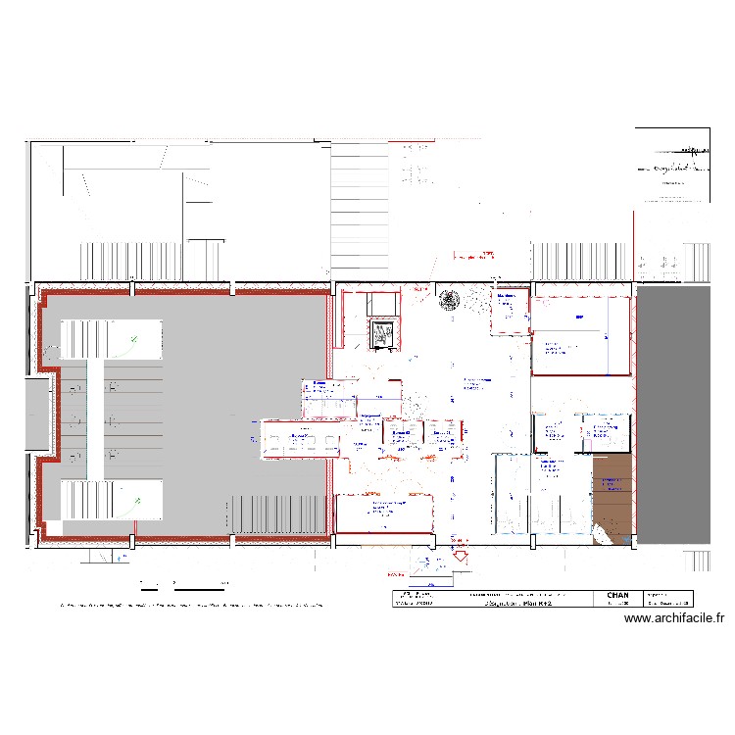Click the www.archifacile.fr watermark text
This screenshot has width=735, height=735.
[673, 618]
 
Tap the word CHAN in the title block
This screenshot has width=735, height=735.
[618, 595]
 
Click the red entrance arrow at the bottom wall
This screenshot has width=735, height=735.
[458, 557]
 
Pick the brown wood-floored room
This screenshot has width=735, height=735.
[612, 495]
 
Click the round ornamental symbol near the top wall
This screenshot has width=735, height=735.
[450, 300]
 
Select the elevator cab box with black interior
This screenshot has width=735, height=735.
[382, 333]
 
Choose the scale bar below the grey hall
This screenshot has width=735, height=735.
[181, 589]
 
